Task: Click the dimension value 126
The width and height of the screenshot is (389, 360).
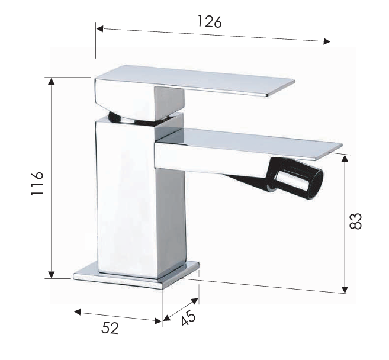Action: (x=209, y=22)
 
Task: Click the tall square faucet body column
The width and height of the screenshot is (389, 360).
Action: (x=127, y=195)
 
